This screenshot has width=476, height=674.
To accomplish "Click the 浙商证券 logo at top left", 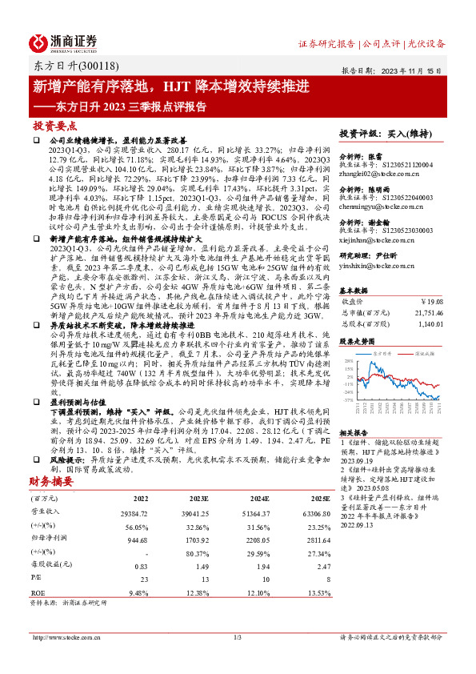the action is point(64,42).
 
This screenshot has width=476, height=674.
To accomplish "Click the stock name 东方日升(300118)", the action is point(66,67).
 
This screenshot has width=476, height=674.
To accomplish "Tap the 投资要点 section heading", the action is point(54,126).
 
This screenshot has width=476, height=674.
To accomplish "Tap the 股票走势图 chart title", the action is point(357,340).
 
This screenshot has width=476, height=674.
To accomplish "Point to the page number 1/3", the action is point(237,637).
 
